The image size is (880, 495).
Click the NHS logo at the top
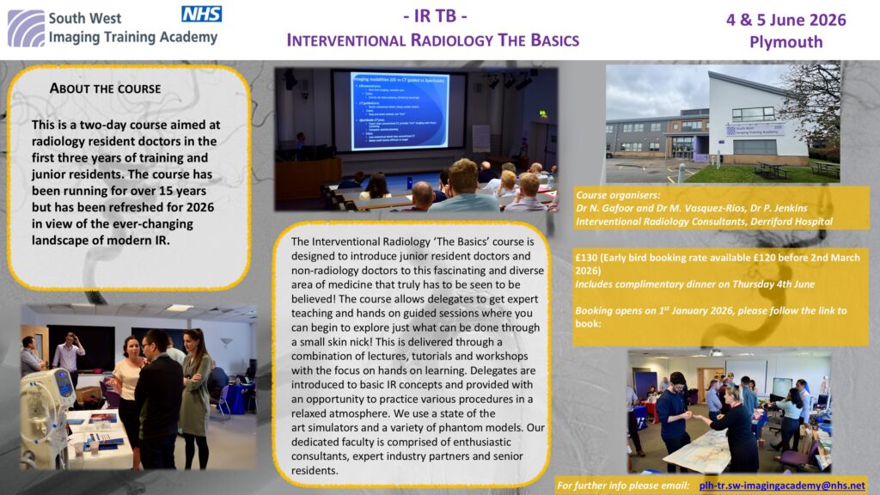point(202,13)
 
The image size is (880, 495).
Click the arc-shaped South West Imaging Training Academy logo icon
point(26,27)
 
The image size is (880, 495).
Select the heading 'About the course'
point(105,88)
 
